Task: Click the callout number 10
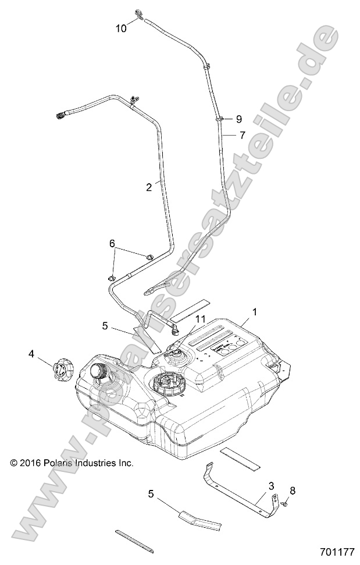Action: (121, 29)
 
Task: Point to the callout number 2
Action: (149, 187)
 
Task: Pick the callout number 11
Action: (201, 319)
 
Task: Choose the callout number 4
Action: (32, 353)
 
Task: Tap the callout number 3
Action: (271, 485)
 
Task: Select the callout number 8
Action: (293, 490)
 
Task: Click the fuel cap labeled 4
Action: (62, 370)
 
